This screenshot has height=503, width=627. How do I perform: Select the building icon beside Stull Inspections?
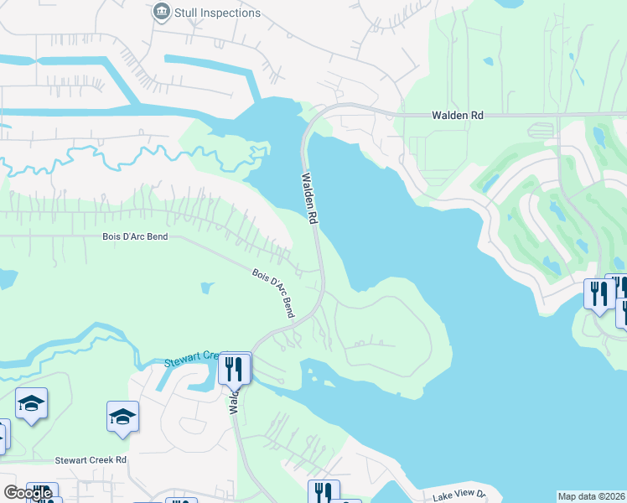pyautogui.click(x=161, y=13)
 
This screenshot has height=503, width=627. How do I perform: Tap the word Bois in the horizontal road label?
pyautogui.click(x=113, y=237)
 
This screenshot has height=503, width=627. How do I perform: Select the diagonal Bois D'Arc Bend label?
pyautogui.click(x=274, y=292)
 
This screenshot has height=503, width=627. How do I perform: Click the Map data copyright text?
pyautogui.click(x=591, y=496)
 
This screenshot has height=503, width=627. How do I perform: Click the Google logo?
pyautogui.click(x=28, y=493)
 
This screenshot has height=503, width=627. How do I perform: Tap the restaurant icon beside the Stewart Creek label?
pyautogui.click(x=234, y=368)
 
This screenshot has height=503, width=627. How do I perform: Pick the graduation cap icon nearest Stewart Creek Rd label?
pyautogui.click(x=122, y=417)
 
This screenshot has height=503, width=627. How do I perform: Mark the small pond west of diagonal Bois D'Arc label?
pyautogui.click(x=206, y=289)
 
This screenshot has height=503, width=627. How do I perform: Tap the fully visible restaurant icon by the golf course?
pyautogui.click(x=598, y=293)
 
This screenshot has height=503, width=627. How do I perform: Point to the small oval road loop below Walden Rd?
pyautogui.click(x=544, y=130)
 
